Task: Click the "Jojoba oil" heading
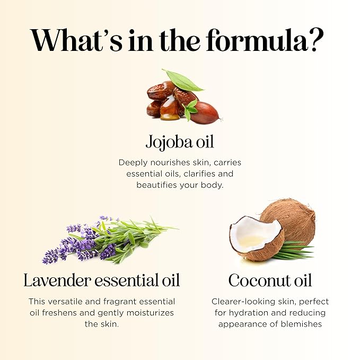[x=180, y=143]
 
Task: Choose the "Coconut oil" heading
[x=270, y=280]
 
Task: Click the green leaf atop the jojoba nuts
[x=183, y=80]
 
